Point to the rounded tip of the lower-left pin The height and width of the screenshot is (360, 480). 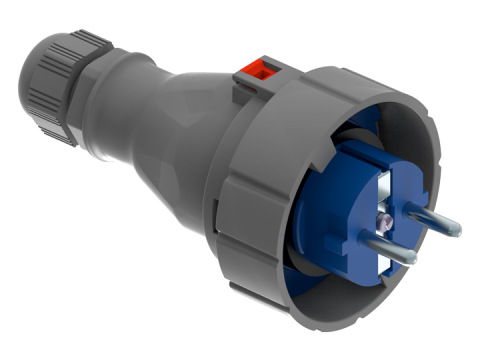[411, 257]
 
